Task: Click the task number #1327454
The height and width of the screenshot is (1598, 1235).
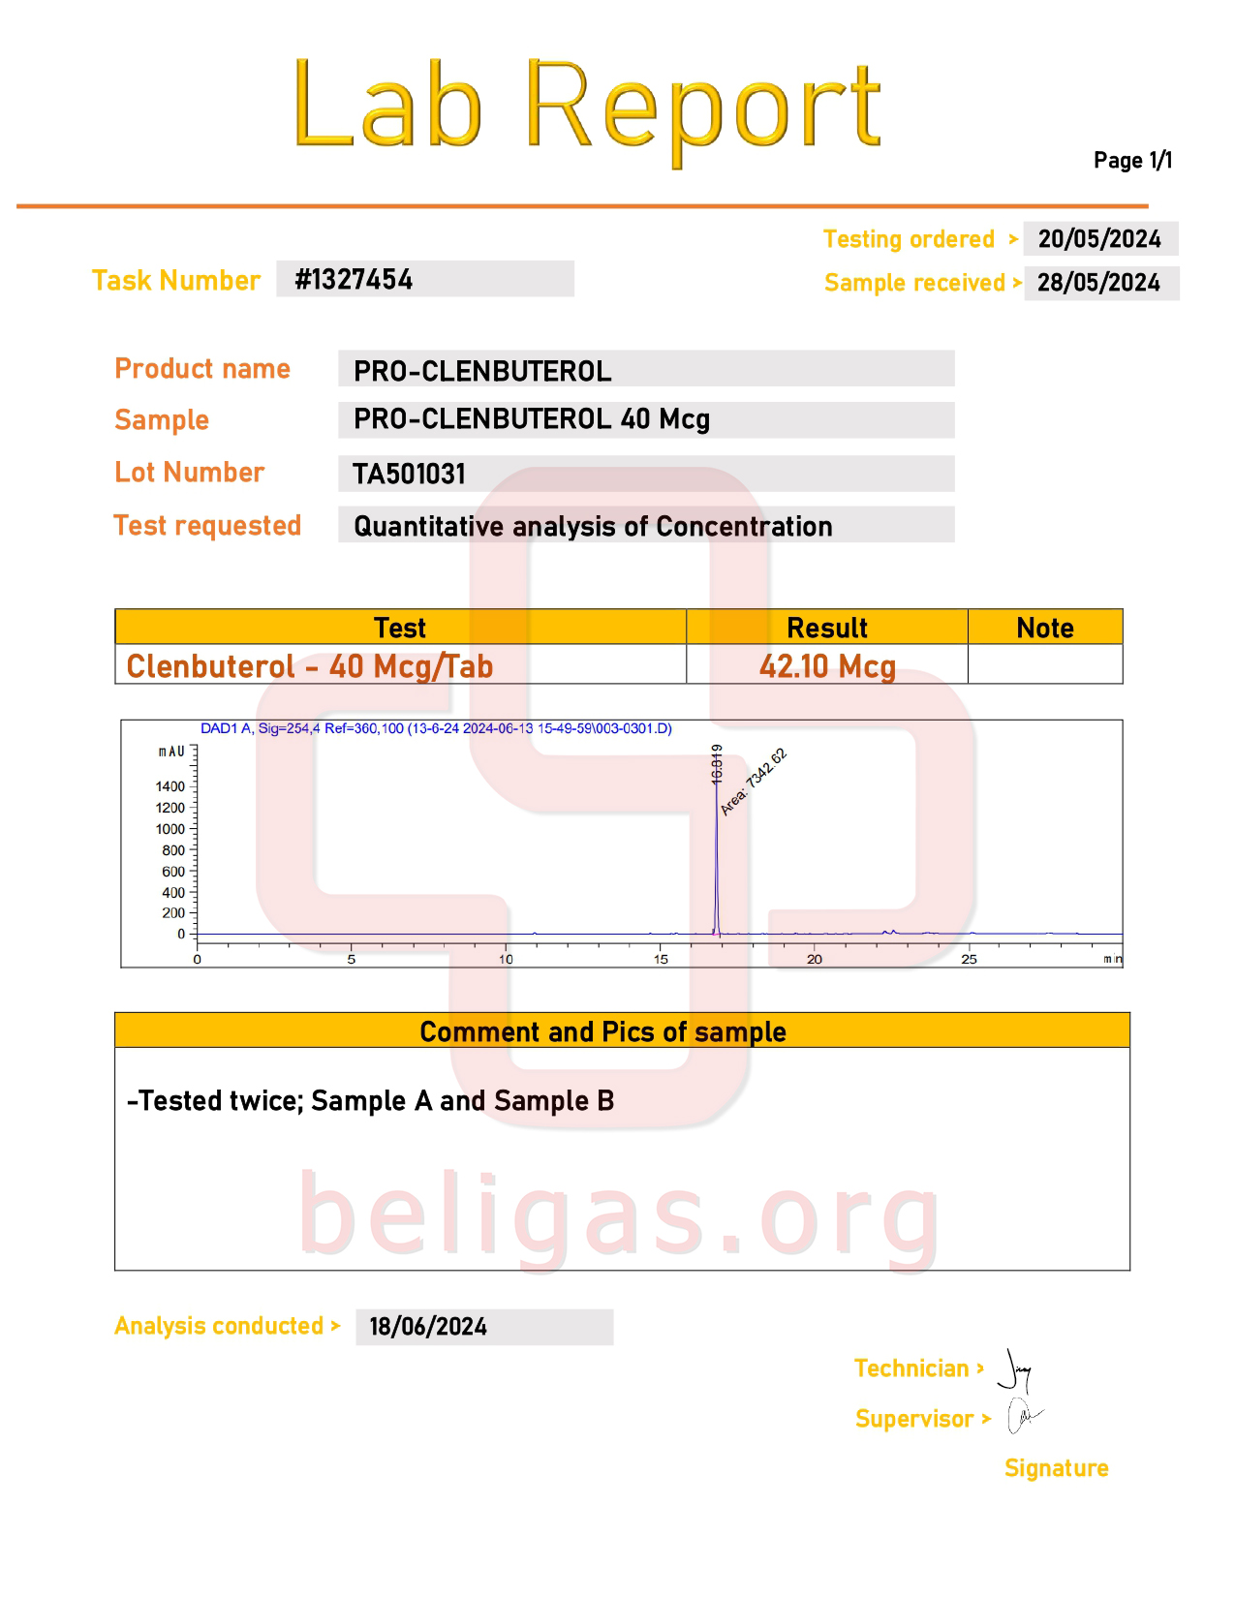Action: tap(354, 280)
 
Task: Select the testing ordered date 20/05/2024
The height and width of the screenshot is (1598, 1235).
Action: tap(1098, 239)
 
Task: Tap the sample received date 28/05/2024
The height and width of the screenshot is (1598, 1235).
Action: tap(1098, 283)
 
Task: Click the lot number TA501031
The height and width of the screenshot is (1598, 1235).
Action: tap(409, 474)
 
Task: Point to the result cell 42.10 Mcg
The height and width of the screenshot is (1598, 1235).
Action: tap(827, 666)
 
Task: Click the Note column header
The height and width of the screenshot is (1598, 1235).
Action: tap(1044, 628)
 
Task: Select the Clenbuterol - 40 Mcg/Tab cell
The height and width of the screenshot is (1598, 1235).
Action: tap(310, 666)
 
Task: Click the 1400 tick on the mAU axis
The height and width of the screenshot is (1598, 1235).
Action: tap(170, 786)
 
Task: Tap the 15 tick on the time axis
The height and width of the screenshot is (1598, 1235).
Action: tap(661, 959)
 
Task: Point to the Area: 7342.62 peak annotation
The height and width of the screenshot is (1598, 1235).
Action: tap(754, 782)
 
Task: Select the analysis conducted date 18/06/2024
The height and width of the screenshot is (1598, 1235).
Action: tap(428, 1327)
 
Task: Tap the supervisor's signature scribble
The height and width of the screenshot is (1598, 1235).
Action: tap(1023, 1417)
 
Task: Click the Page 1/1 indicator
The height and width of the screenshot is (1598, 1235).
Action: tap(1132, 161)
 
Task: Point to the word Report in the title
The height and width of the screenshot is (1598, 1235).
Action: tap(702, 107)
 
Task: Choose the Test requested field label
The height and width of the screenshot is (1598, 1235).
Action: tap(207, 526)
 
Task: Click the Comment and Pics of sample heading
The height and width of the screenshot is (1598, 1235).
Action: tap(602, 1031)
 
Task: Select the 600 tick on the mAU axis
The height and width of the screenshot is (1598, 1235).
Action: tap(173, 872)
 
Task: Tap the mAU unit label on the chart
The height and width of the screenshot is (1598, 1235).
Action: tap(171, 752)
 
